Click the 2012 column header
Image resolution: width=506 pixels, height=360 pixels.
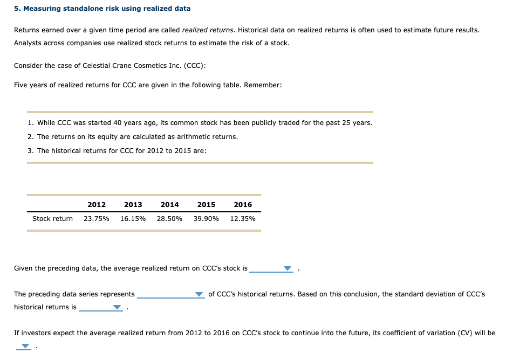click(x=97, y=205)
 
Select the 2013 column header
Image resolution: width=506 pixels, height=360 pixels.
click(x=133, y=205)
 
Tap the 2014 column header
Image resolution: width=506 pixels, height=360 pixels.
click(x=170, y=205)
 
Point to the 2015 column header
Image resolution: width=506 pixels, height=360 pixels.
click(x=206, y=205)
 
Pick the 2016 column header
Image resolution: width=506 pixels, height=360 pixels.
click(x=243, y=205)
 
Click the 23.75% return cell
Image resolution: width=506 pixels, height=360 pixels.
click(x=97, y=219)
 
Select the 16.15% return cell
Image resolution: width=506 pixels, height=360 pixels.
click(x=133, y=219)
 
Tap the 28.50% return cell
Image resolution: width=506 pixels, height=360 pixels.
click(x=170, y=219)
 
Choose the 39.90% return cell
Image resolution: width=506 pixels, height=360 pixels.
click(x=206, y=219)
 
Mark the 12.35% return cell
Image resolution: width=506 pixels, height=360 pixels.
click(x=243, y=219)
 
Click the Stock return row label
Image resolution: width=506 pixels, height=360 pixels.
click(x=52, y=219)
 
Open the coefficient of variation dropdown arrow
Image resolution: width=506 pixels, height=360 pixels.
click(x=24, y=347)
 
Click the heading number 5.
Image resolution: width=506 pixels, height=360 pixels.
click(x=17, y=9)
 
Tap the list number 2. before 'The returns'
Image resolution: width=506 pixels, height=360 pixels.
click(x=30, y=137)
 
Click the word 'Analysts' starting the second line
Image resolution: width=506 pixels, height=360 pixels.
click(x=27, y=43)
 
